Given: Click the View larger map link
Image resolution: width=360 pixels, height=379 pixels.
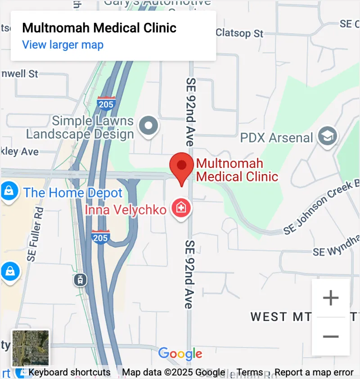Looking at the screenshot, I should coord(63,45).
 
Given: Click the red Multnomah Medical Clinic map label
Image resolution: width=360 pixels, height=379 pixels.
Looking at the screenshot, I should coord(237,170).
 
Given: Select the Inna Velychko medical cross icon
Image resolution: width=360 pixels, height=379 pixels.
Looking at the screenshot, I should coord(181,208).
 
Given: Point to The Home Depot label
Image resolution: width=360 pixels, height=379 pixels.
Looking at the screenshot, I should coord(73,193).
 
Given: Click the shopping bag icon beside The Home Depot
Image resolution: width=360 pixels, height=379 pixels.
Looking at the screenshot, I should coord(9,192).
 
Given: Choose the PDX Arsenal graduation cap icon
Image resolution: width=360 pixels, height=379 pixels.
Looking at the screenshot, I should coord(327,135).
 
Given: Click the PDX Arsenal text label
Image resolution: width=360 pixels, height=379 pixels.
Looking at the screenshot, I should coord(276,137).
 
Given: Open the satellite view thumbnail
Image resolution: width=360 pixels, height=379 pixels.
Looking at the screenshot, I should coord(31,348).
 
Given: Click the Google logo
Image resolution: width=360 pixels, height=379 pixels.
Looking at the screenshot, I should coord(180,354).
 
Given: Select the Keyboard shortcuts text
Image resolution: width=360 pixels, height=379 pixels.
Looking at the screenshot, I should coord(69,372).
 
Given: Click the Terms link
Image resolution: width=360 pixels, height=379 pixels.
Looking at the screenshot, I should coord(250,372).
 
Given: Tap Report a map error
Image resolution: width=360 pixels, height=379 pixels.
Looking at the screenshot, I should coord(314,372).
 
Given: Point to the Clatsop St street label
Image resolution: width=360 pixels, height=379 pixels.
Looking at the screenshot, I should coord(239,33).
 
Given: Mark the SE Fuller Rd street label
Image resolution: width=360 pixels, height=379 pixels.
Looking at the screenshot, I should coord(36,235).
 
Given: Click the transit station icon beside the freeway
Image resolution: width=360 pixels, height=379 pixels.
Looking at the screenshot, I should coord(80,280).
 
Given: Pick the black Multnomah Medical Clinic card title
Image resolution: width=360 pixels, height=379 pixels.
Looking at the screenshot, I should coord(99,28).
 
